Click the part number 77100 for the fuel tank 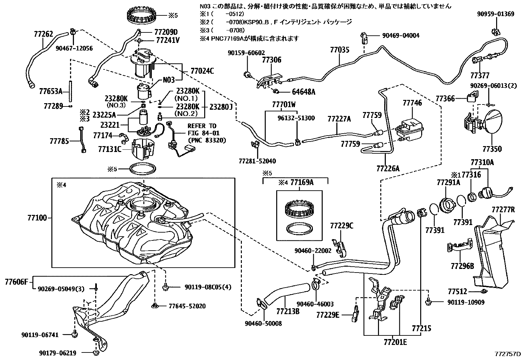(x=37, y=217)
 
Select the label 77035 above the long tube (x=339, y=50)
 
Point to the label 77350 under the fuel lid (x=492, y=149)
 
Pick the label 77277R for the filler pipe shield (x=503, y=209)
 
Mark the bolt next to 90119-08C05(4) (x=165, y=287)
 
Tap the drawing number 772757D (x=507, y=354)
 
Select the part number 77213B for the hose (x=288, y=311)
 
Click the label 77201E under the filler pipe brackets (x=395, y=342)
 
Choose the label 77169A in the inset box (x=302, y=182)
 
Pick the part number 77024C (x=202, y=71)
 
